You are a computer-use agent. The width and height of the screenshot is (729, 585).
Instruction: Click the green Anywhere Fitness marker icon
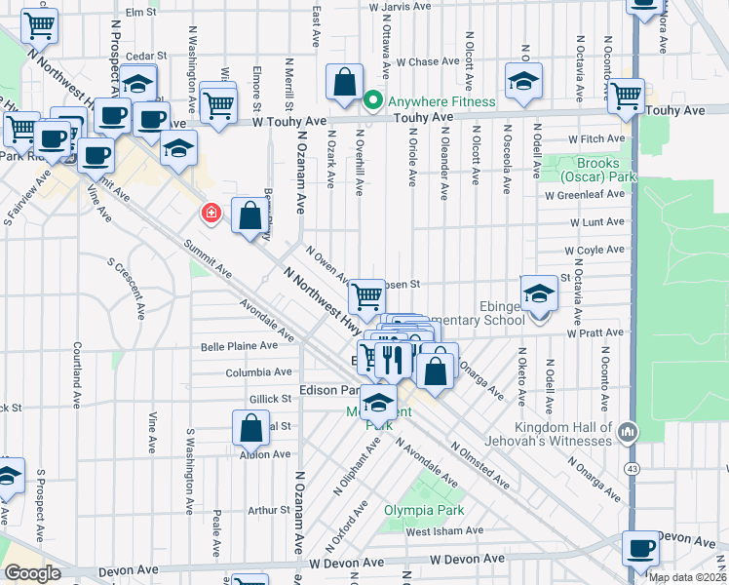tap(372, 101)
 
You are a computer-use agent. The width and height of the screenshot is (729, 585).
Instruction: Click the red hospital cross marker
tap(210, 213)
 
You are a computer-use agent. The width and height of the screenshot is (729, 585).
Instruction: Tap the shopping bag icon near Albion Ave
tap(250, 427)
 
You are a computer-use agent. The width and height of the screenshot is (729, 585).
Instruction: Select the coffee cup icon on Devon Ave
tap(642, 548)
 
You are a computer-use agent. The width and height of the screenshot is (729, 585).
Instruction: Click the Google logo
tap(32, 573)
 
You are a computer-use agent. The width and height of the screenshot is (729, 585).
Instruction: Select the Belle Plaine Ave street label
tap(233, 346)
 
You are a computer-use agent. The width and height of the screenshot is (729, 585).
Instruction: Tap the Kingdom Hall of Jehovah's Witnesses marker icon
tap(632, 430)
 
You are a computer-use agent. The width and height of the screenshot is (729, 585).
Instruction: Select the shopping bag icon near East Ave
tap(345, 84)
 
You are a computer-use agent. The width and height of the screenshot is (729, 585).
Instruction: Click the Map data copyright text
tap(688, 577)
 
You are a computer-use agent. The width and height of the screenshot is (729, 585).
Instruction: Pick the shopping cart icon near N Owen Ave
tap(366, 294)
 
